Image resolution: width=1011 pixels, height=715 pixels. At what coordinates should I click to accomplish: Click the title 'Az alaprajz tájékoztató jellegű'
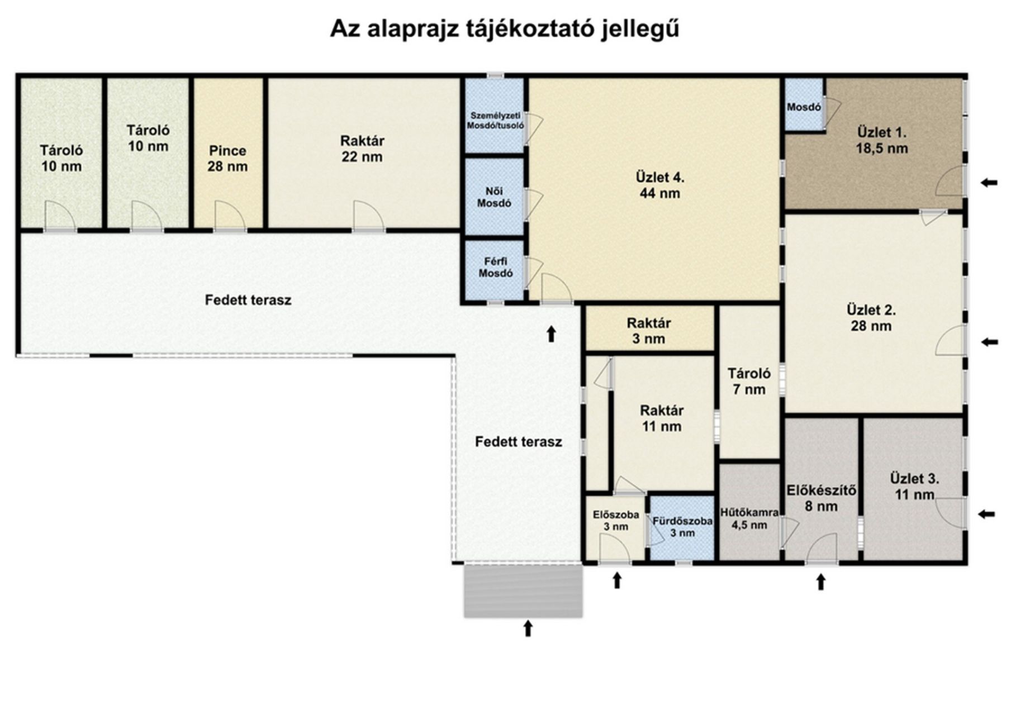tap(504, 28)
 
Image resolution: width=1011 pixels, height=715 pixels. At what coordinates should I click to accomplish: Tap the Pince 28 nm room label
tap(227, 159)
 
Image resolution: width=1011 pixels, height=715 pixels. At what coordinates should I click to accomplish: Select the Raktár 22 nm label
tap(362, 149)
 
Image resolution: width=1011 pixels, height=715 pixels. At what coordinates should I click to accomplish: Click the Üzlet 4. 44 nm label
tap(660, 185)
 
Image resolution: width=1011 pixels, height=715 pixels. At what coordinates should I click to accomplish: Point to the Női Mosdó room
tap(495, 197)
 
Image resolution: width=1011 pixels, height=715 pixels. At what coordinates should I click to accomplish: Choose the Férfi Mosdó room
tap(495, 270)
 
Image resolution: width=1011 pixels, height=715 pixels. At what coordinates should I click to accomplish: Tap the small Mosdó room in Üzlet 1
tap(804, 104)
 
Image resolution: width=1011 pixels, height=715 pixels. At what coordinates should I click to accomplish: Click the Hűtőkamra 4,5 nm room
tap(749, 512)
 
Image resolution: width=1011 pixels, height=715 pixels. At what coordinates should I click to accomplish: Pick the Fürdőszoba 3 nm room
tap(682, 528)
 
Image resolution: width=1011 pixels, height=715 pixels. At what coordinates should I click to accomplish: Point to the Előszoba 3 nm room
tap(615, 528)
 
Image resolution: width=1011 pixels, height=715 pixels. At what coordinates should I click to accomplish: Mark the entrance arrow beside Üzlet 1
tap(989, 182)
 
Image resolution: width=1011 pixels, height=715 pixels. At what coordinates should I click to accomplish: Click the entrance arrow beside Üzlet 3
tap(987, 514)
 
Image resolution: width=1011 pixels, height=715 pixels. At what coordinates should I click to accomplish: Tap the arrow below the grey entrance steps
tap(528, 628)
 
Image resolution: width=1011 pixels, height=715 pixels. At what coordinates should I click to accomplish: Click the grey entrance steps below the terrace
tap(523, 591)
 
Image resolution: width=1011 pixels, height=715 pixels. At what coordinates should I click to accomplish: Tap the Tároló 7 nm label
tap(749, 382)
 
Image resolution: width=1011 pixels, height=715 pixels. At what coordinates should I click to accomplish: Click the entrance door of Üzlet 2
tap(950, 341)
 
